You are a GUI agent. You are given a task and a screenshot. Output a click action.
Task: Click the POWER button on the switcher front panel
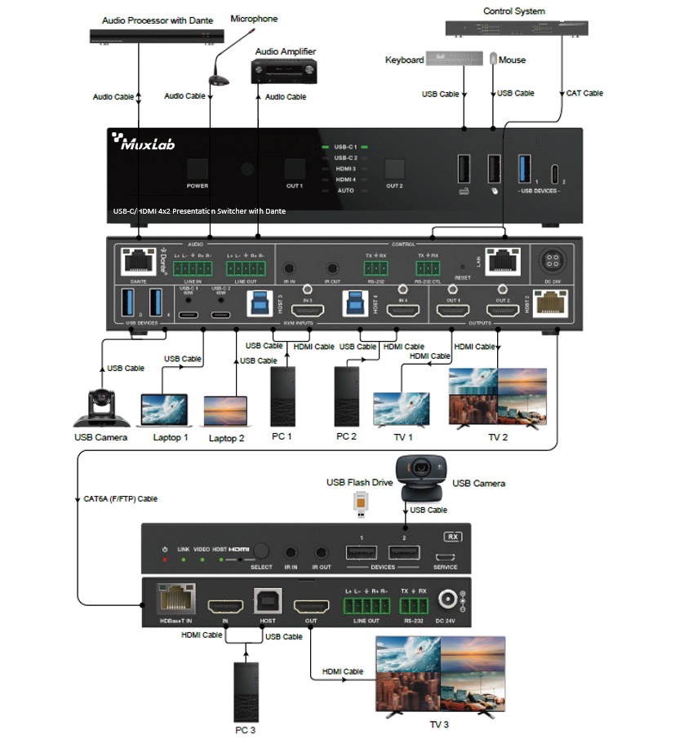[198, 169]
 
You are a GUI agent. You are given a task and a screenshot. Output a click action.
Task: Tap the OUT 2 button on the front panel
[394, 168]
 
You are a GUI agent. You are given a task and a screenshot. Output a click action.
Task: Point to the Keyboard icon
[445, 60]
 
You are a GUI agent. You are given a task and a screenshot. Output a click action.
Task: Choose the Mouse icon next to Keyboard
[492, 60]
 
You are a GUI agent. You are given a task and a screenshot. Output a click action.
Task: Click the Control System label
[513, 11]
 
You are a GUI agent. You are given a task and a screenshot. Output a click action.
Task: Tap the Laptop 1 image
[163, 409]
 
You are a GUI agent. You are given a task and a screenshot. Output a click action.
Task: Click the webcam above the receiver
[419, 478]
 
